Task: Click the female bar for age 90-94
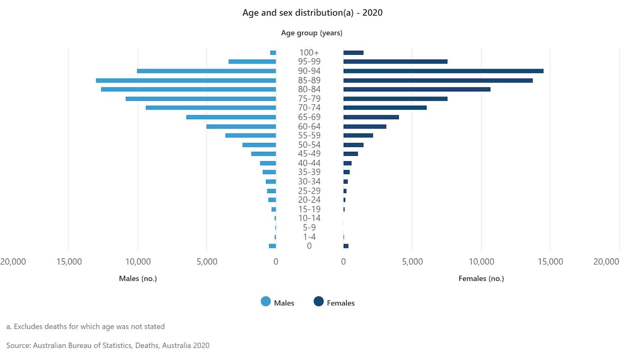(x=443, y=71)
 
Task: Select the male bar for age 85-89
(x=186, y=80)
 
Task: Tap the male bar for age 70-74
(x=211, y=107)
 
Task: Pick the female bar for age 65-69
(x=371, y=117)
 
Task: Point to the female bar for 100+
(x=354, y=53)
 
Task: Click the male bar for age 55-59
(x=251, y=135)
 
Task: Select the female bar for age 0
(x=346, y=246)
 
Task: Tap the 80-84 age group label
(x=310, y=89)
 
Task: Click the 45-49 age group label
(x=310, y=154)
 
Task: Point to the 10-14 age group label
(x=310, y=218)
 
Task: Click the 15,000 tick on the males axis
(x=69, y=262)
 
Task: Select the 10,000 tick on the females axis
(x=481, y=262)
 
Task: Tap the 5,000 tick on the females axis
(x=412, y=262)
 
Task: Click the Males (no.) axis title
(x=138, y=278)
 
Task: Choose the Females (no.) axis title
(x=481, y=278)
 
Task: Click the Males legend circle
(x=266, y=302)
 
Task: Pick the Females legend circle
(x=319, y=302)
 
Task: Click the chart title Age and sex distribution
(x=312, y=13)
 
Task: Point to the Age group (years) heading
(x=312, y=33)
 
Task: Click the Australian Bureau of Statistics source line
(x=108, y=345)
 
